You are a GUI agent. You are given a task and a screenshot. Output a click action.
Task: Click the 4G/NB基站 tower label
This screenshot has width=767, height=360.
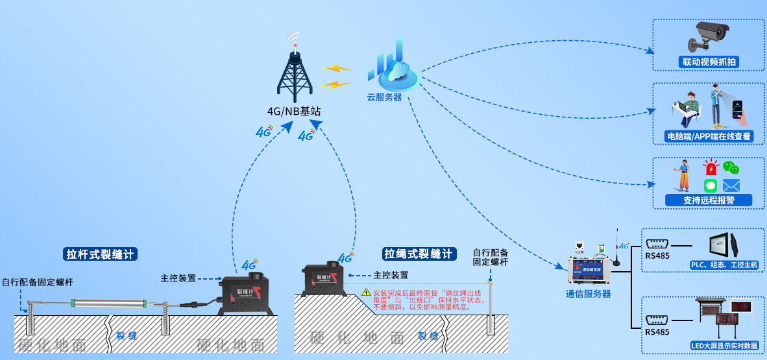[294, 112]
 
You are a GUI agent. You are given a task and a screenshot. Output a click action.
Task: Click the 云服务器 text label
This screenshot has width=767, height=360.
[384, 98]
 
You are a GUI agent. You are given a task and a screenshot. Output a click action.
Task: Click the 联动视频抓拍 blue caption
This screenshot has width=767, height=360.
[709, 62]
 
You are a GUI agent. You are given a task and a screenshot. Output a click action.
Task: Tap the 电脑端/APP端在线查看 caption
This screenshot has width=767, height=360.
[709, 136]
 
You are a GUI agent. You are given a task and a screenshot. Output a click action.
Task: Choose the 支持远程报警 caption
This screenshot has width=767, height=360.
[709, 200]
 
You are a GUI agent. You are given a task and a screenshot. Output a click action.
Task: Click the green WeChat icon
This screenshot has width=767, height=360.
[731, 168]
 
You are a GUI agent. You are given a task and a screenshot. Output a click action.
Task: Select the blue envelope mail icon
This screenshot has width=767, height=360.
[731, 186]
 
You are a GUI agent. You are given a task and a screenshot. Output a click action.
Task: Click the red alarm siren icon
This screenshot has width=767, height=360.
[712, 168]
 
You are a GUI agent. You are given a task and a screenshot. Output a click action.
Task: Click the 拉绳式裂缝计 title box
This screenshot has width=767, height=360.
[419, 254]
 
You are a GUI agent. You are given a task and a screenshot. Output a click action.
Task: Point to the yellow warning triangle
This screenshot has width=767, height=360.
[366, 293]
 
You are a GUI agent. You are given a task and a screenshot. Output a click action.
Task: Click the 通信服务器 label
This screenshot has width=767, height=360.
[588, 294]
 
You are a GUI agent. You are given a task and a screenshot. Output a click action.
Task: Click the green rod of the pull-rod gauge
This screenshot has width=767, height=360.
[110, 301]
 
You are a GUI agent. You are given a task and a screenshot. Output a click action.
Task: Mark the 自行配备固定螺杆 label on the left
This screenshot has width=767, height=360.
[37, 282]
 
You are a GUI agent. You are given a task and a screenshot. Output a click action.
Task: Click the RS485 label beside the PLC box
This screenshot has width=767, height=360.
[657, 255]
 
